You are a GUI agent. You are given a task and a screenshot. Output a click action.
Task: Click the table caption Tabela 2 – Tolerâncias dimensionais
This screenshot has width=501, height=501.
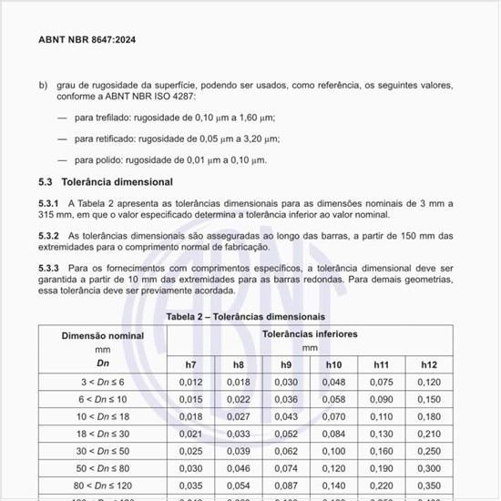pos(245,315)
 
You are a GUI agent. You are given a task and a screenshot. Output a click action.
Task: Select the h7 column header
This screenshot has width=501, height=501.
pos(190,364)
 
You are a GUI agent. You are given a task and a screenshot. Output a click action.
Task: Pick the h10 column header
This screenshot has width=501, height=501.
pos(333,364)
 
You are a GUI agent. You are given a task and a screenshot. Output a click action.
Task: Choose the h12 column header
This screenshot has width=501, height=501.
pos(428,364)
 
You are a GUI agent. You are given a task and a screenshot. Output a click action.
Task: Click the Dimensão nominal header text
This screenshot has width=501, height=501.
pos(103,335)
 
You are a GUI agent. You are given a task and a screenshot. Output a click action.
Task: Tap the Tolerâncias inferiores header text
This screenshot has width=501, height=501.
pos(310,334)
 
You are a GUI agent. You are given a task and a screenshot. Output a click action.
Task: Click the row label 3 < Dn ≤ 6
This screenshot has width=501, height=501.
pos(103,382)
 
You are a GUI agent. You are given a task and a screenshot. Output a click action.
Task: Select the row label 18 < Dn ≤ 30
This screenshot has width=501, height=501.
pos(103,434)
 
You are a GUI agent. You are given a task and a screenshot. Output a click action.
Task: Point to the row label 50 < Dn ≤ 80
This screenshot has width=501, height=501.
pos(103,468)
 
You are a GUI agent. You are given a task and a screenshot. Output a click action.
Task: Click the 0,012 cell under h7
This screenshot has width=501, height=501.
pos(190,382)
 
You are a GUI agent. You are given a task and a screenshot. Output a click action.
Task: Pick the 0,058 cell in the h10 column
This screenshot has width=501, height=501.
pos(333,399)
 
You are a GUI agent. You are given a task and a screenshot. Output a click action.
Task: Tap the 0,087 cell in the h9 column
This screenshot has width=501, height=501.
pos(286,486)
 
